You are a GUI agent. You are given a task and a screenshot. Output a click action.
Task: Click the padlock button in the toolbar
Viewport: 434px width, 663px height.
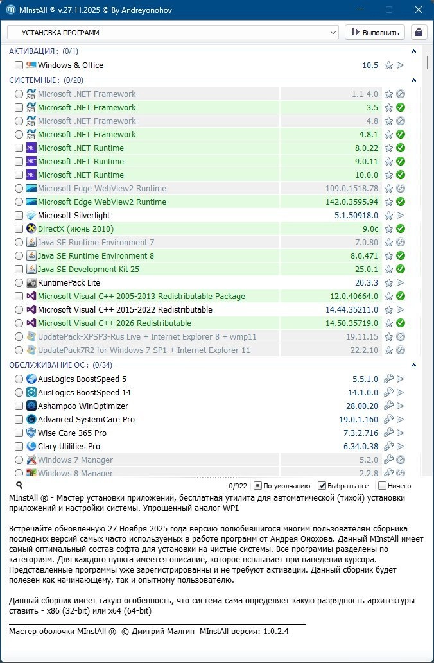419,32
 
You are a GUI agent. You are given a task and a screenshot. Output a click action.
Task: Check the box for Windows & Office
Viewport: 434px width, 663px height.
19,65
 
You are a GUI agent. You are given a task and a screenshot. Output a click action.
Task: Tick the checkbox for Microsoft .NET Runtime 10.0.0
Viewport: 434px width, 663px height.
19,175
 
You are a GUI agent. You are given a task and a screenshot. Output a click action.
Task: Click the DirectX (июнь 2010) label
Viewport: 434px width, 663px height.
75,228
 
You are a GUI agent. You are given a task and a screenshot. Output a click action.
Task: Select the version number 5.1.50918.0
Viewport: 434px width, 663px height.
356,215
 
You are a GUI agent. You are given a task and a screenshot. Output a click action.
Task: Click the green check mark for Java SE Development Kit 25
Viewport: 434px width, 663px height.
400,269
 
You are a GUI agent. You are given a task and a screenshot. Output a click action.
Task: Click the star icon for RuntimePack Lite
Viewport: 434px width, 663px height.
388,282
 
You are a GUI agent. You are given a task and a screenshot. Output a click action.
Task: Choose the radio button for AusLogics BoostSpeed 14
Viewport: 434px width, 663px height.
19,392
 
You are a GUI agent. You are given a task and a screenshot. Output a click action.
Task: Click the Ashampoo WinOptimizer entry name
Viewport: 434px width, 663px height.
83,406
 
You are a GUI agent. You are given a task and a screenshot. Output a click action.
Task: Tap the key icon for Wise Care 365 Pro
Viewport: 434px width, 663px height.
388,433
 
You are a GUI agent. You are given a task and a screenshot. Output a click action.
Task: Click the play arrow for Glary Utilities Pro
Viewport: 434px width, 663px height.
400,446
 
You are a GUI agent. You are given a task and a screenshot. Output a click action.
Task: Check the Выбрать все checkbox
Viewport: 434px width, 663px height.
322,486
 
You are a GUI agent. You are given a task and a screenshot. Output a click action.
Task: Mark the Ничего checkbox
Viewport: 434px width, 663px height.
383,486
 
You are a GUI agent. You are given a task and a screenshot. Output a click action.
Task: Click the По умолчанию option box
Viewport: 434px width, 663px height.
257,486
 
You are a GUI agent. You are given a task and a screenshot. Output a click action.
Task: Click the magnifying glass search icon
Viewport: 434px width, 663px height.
19,486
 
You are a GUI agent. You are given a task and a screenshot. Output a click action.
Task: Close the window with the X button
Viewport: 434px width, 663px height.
419,10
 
